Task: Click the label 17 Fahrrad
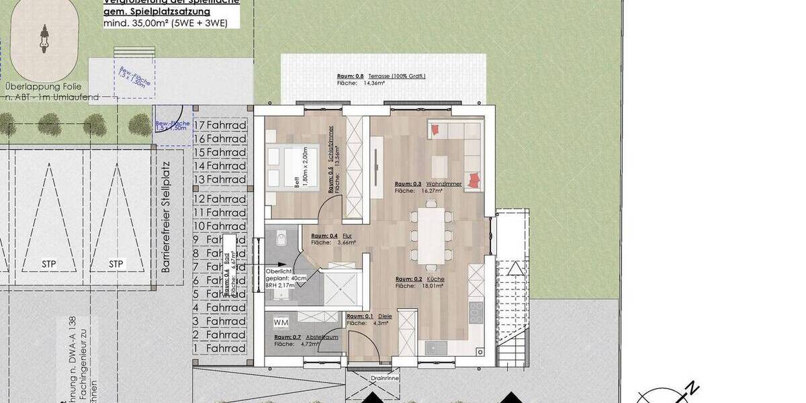tap(220, 125)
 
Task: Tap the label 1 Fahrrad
tap(220, 349)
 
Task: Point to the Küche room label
tap(420, 279)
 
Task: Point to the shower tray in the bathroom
tap(343, 289)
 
